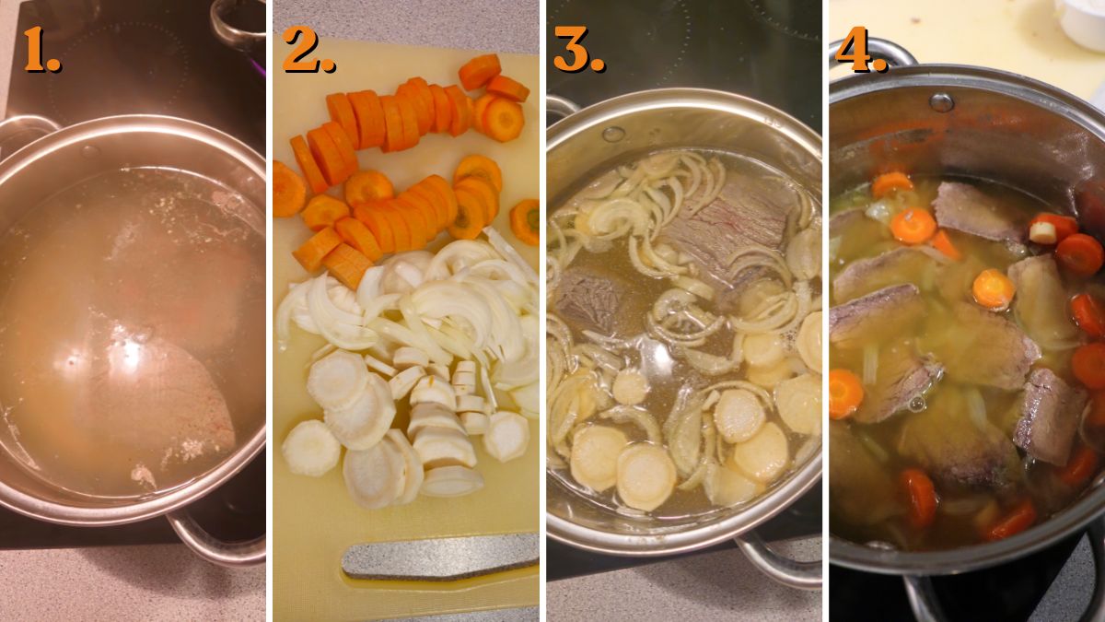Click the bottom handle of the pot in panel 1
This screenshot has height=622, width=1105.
[x=212, y=544]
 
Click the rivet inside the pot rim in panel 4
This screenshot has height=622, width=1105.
[x=940, y=101]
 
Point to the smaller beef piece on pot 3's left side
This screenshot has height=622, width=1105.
[x=585, y=299]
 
